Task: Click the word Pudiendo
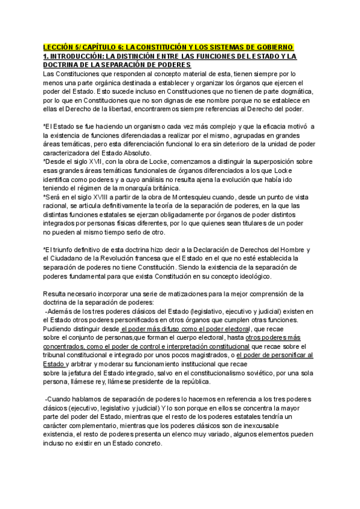59,329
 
